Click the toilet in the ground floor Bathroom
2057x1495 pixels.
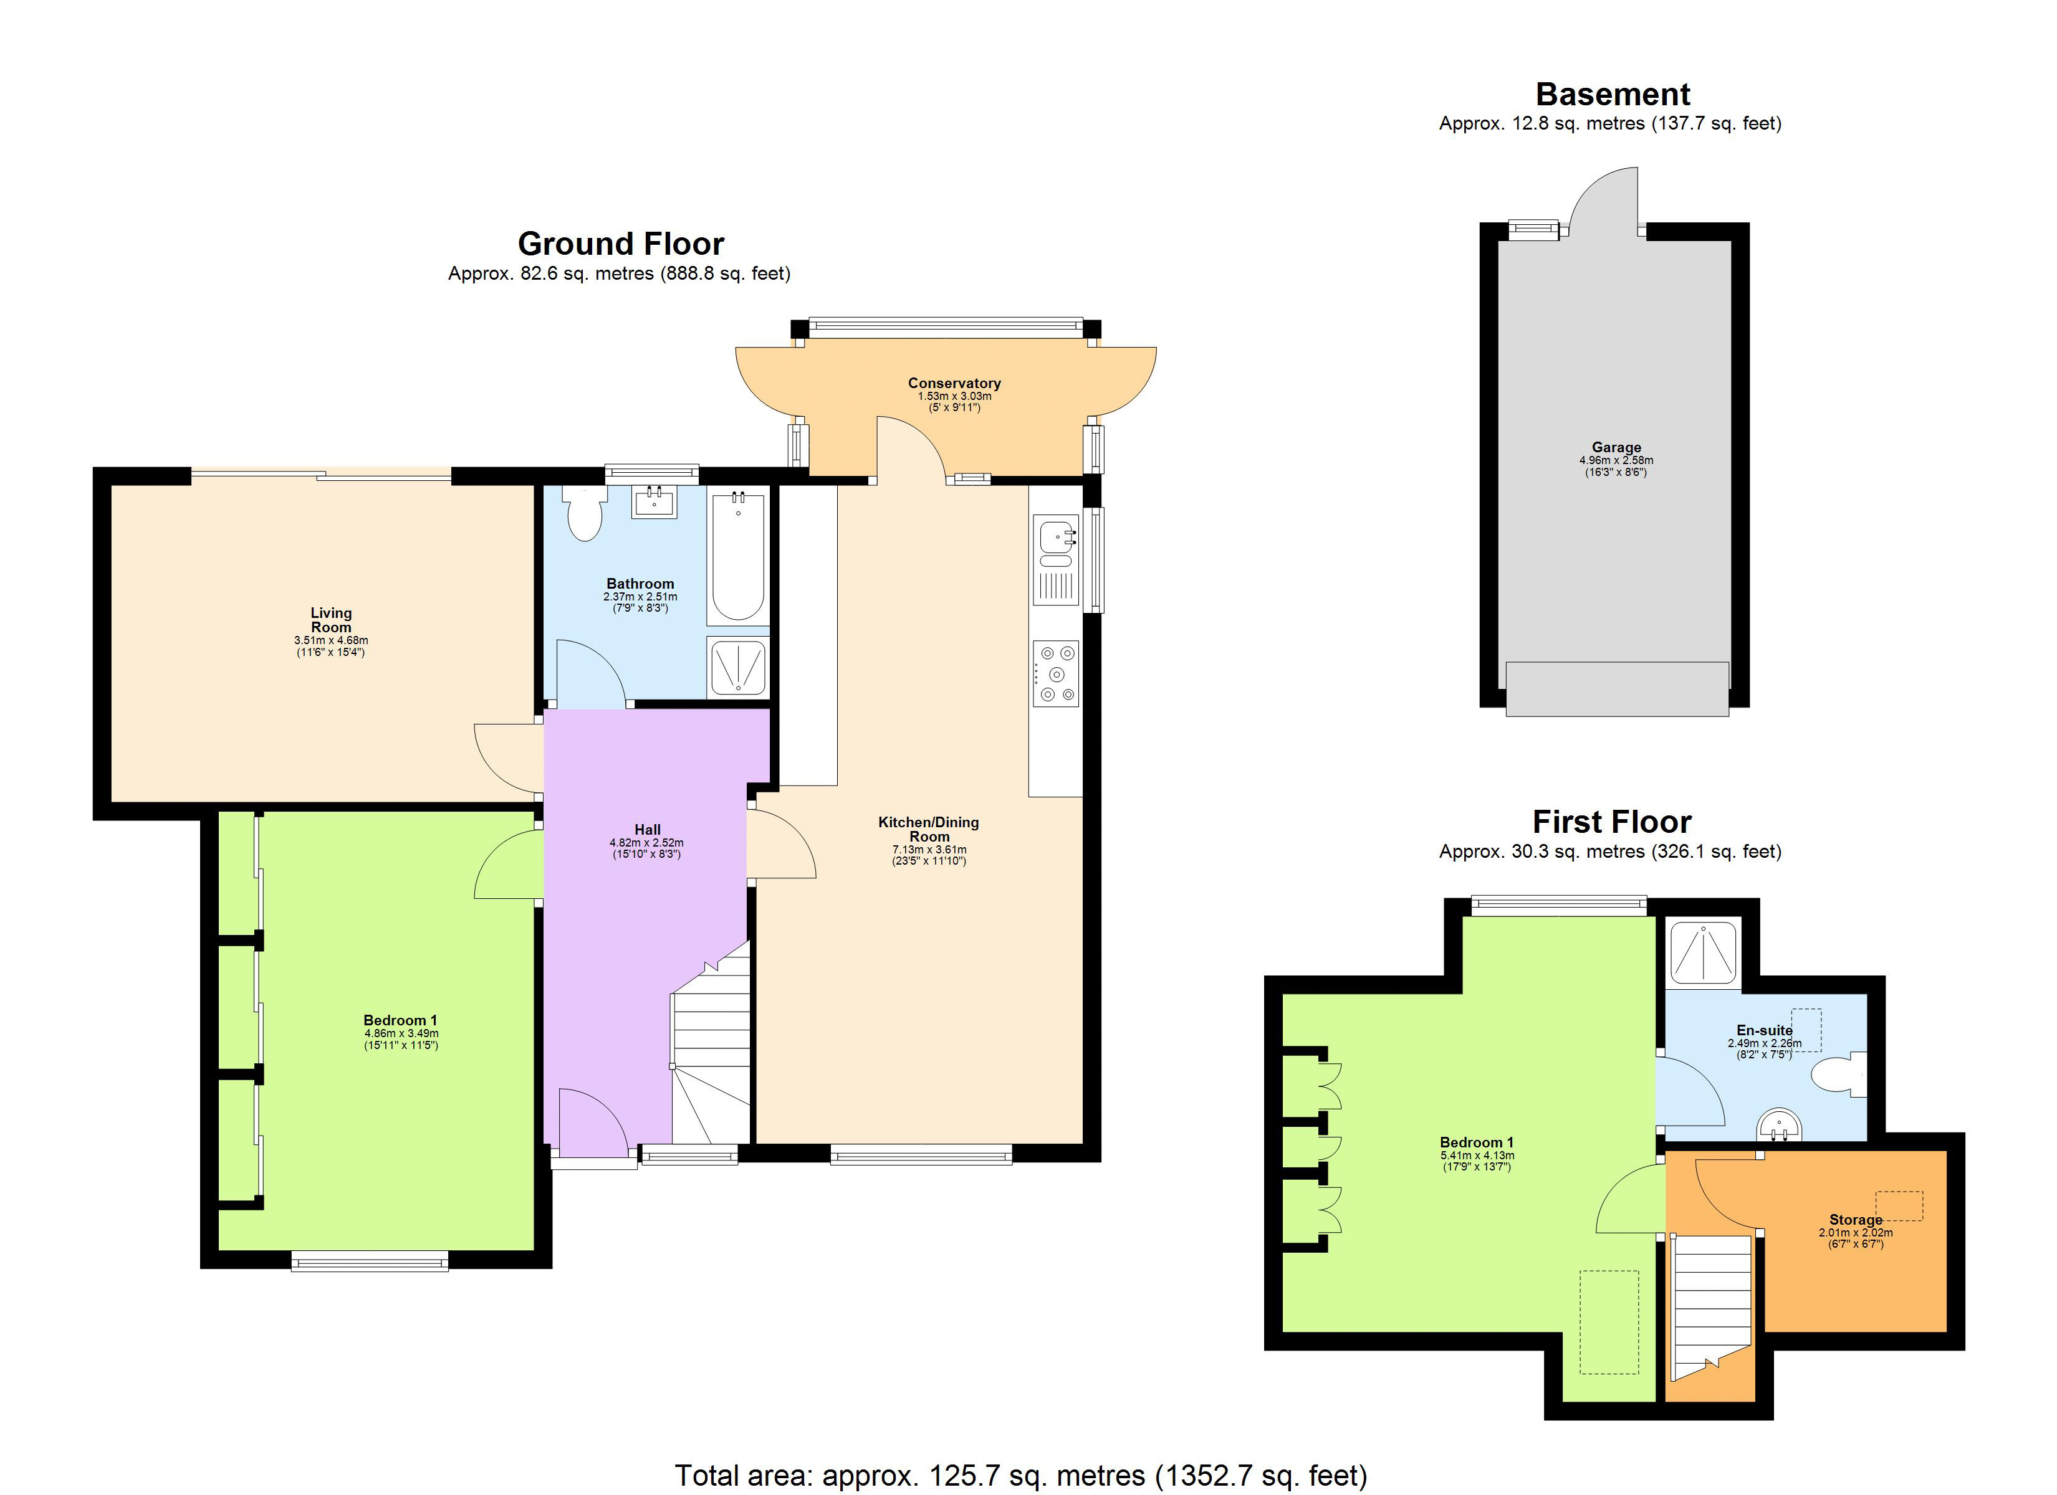click(x=584, y=515)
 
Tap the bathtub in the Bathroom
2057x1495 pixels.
click(x=737, y=558)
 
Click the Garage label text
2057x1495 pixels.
click(x=1616, y=447)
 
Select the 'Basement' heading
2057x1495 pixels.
click(x=1613, y=94)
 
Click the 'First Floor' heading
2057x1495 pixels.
click(x=1612, y=822)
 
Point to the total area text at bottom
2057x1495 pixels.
click(x=1020, y=1475)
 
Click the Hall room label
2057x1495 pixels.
click(x=646, y=830)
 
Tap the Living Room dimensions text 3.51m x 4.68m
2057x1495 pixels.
click(x=331, y=640)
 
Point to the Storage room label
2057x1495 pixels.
click(x=1855, y=1220)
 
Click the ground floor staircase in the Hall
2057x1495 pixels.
click(x=712, y=1051)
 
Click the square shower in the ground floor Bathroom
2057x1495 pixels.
click(x=737, y=667)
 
